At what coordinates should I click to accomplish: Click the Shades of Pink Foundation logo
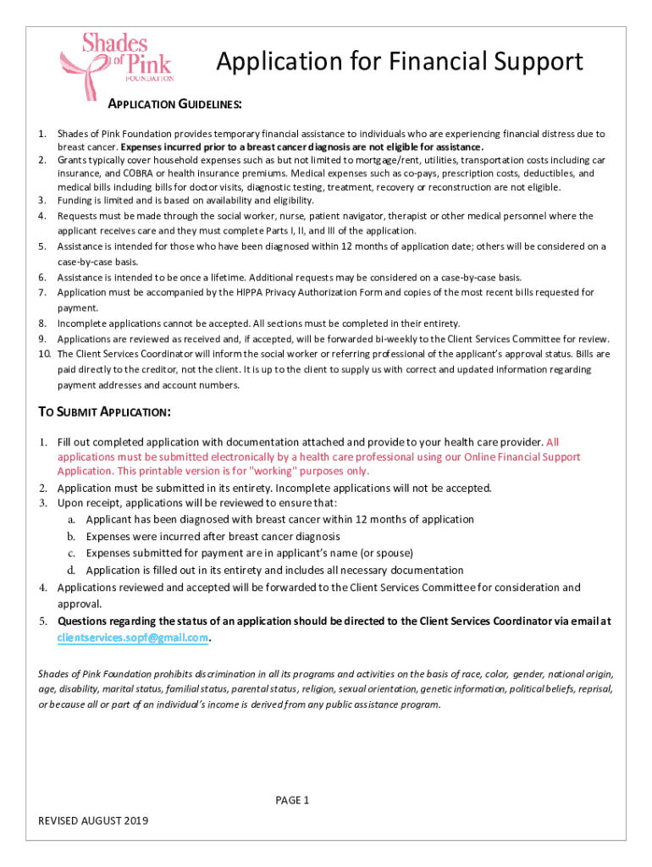[x=118, y=58]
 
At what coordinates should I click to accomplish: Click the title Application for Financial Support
[x=400, y=62]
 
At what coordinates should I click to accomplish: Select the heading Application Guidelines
[x=175, y=104]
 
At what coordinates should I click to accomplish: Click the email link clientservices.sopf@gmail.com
[x=133, y=637]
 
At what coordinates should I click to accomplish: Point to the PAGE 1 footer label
[x=293, y=800]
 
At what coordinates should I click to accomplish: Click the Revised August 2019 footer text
[x=93, y=821]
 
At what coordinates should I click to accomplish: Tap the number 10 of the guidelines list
[x=44, y=353]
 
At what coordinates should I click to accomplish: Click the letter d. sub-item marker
[x=73, y=570]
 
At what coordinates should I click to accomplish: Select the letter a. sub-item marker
[x=73, y=519]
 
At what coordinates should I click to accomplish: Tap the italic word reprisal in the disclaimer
[x=594, y=689]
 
